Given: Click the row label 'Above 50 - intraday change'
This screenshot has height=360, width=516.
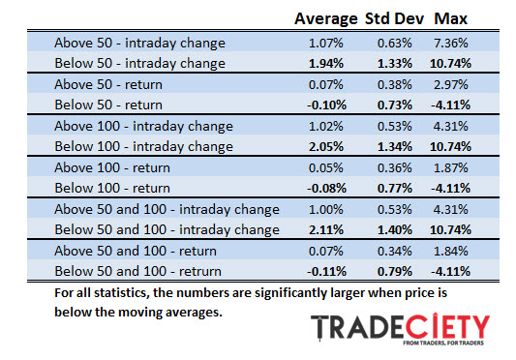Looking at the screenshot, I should pos(139,44).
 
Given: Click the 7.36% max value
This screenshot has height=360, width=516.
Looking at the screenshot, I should pos(451,44).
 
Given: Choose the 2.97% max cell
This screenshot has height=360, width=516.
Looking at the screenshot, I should pos(451,86).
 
